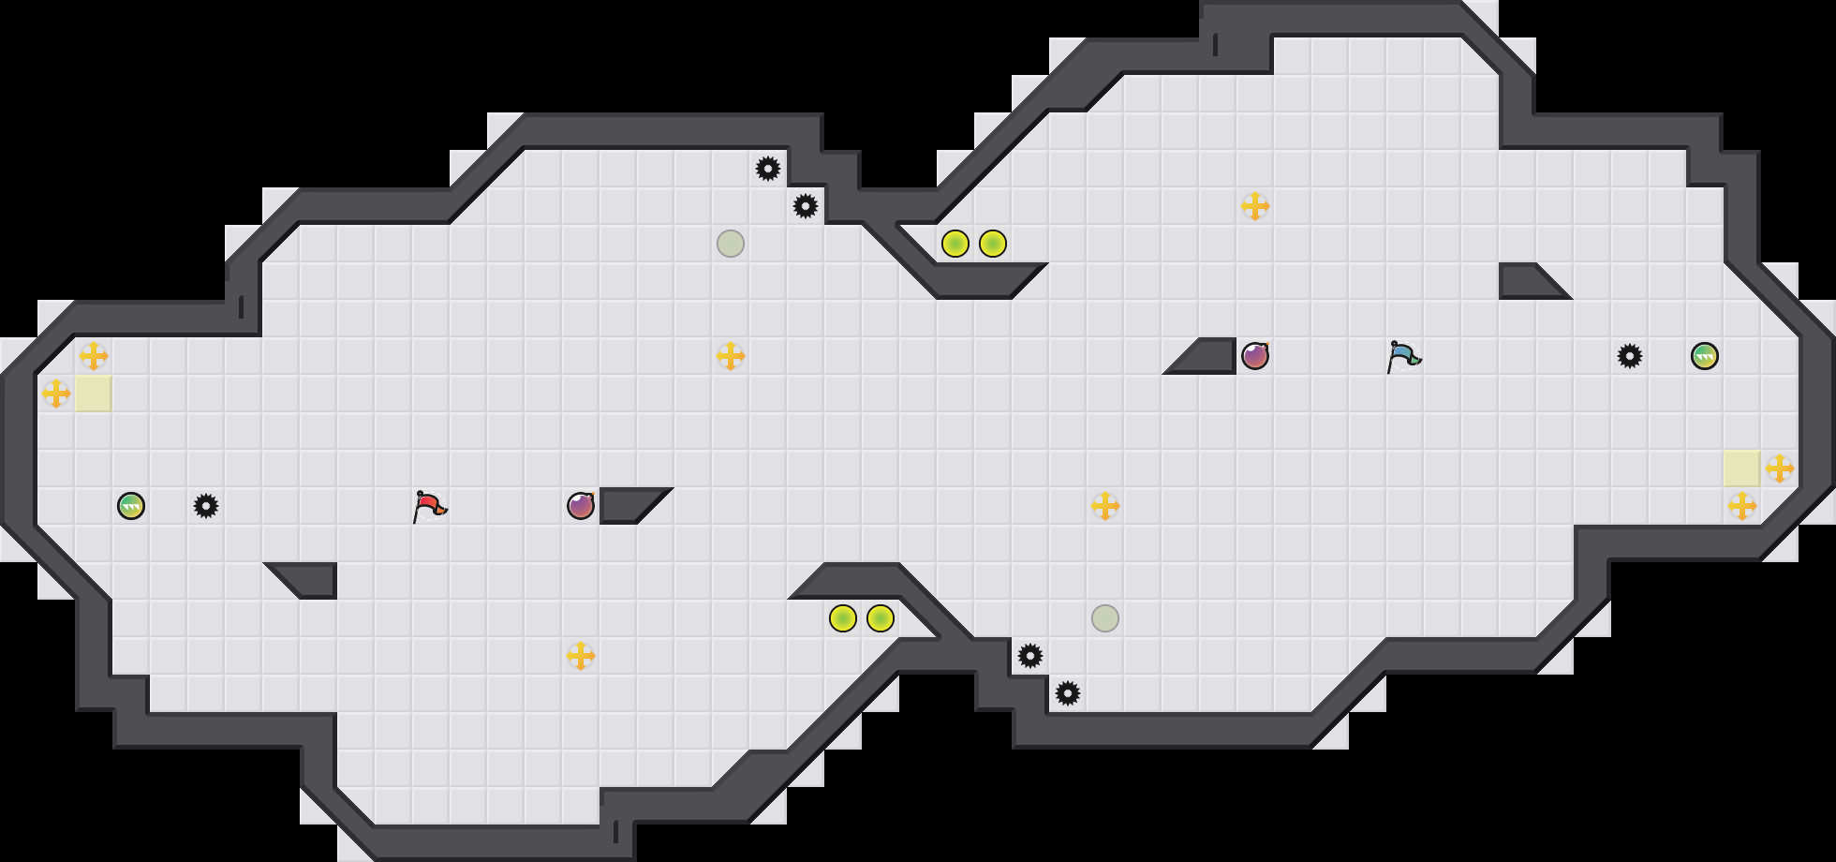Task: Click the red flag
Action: [x=429, y=506]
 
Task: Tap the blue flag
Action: [x=1403, y=356]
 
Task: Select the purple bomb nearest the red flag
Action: [x=581, y=506]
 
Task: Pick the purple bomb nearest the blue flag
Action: [x=1255, y=356]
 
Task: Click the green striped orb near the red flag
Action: [x=131, y=506]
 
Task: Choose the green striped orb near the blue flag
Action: [x=1705, y=356]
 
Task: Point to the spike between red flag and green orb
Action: [x=206, y=506]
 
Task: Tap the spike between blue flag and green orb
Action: [x=1630, y=356]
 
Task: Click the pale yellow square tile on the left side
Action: [x=94, y=394]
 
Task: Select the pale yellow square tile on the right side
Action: [x=1742, y=468]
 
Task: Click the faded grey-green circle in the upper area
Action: [x=731, y=244]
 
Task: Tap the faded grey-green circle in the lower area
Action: [x=1105, y=618]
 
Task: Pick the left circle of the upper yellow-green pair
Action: [x=955, y=244]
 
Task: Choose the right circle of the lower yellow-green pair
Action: [x=881, y=618]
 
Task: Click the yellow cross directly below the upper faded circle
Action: [x=731, y=356]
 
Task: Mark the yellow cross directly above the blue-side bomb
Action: [x=1255, y=206]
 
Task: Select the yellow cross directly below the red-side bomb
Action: [x=581, y=656]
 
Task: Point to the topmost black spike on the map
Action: [x=768, y=169]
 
